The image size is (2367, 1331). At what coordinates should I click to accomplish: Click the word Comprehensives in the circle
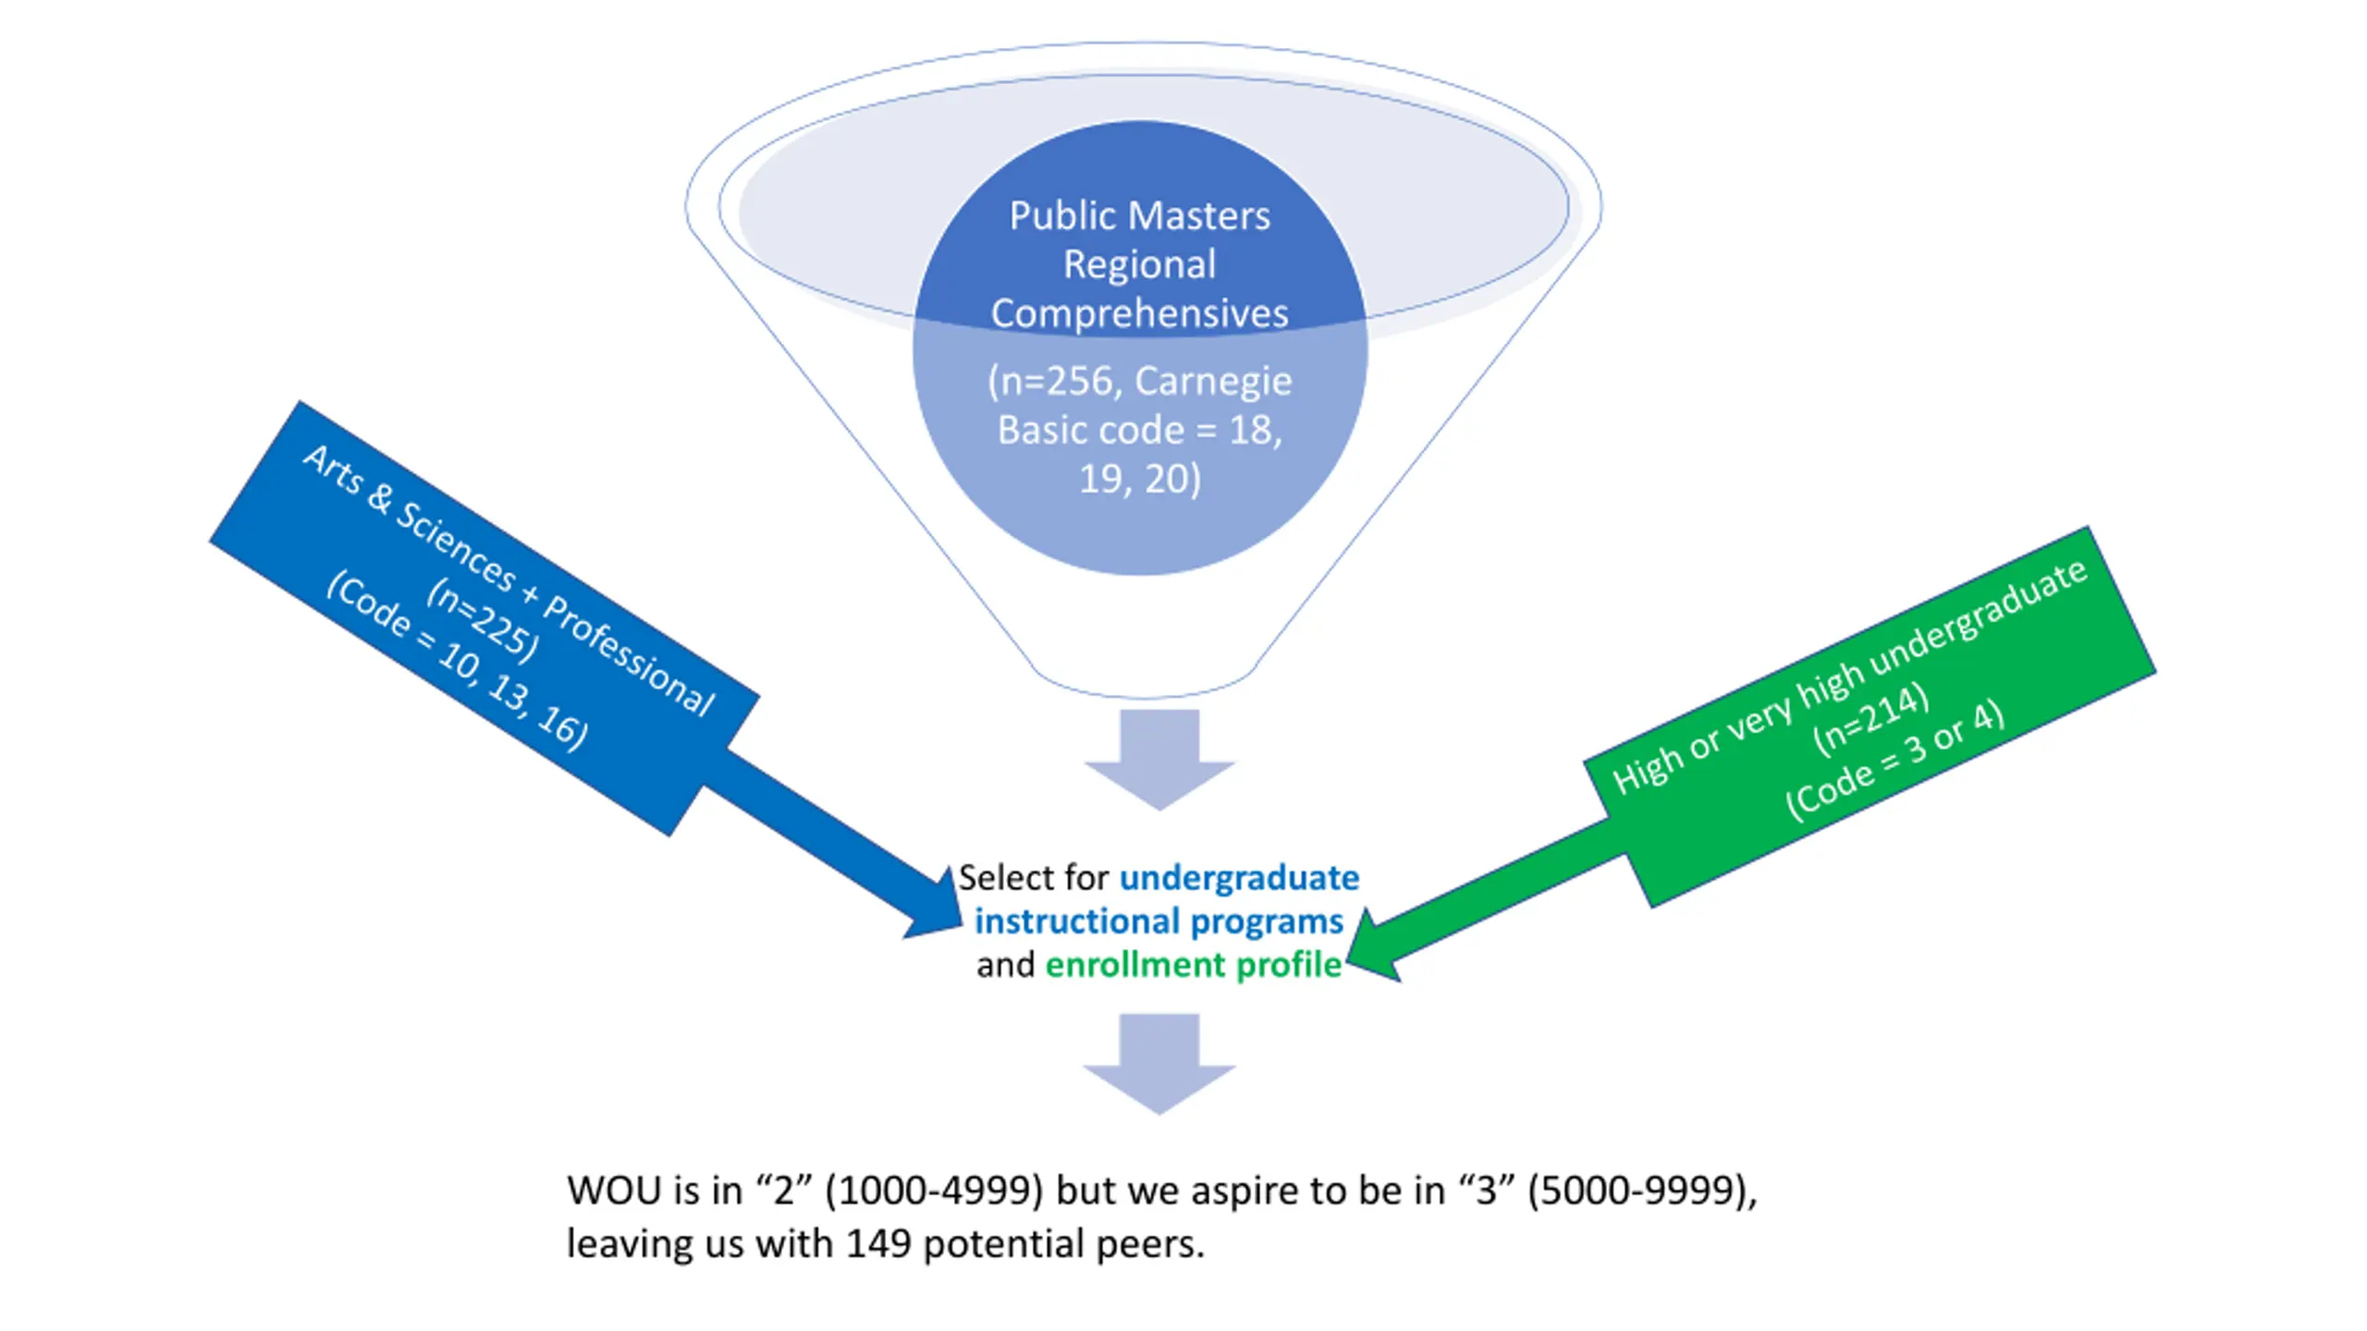pyautogui.click(x=1139, y=314)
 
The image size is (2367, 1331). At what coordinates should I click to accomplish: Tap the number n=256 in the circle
pyautogui.click(x=1056, y=381)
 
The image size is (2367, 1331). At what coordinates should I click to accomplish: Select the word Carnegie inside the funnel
pyautogui.click(x=1212, y=381)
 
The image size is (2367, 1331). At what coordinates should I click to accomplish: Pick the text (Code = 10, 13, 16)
pyautogui.click(x=457, y=661)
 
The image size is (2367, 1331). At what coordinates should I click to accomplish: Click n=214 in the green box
pyautogui.click(x=1870, y=720)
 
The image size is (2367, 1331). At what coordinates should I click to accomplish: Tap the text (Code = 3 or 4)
pyautogui.click(x=1895, y=761)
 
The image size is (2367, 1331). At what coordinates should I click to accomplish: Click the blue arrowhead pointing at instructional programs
pyautogui.click(x=936, y=910)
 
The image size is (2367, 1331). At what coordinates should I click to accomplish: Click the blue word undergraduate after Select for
pyautogui.click(x=1239, y=877)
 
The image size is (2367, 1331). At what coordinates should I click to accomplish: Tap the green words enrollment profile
pyautogui.click(x=1193, y=965)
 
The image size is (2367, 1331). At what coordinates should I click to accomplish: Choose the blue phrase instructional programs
pyautogui.click(x=1159, y=922)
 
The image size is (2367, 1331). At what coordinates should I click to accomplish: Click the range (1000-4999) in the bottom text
pyautogui.click(x=934, y=1191)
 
